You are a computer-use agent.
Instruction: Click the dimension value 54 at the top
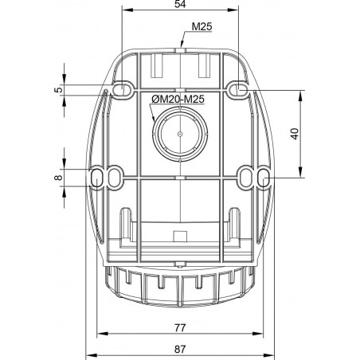180,4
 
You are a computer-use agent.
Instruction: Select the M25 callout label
202,26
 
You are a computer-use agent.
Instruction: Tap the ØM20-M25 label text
178,100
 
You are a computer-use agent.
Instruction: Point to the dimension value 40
295,134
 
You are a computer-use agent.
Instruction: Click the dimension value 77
180,327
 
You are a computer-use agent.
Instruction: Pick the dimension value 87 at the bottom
180,349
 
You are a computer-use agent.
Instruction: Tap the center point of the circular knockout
180,134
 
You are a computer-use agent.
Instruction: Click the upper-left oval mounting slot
122,89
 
